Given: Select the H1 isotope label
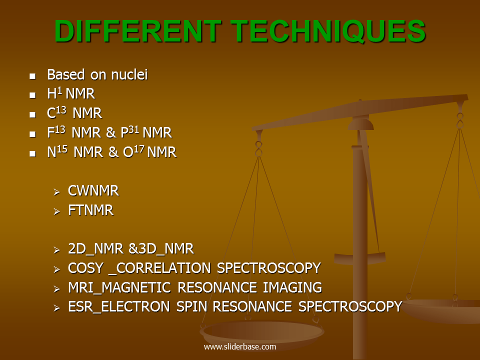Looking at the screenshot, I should [x=54, y=94].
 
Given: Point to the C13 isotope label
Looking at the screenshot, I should [x=56, y=113].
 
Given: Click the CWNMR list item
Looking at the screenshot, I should [x=93, y=191].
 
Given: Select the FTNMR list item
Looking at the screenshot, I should [x=90, y=210].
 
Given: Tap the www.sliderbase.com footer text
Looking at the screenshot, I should [x=239, y=346].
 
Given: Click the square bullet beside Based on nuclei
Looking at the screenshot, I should [x=33, y=76].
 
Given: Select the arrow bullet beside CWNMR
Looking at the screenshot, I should [x=57, y=192].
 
